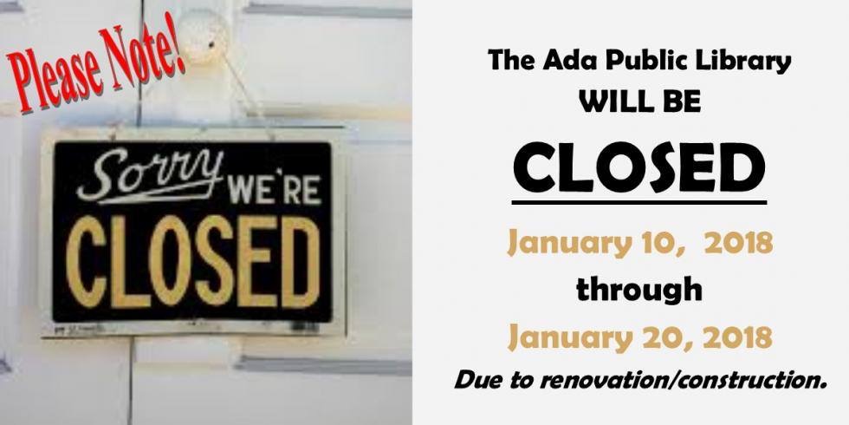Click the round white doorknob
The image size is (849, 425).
pyautogui.click(x=204, y=36)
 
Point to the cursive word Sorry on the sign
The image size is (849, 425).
pyautogui.click(x=150, y=176)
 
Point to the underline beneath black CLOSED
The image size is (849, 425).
pyautogui.click(x=639, y=203)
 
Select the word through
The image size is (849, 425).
pyautogui.click(x=639, y=290)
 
